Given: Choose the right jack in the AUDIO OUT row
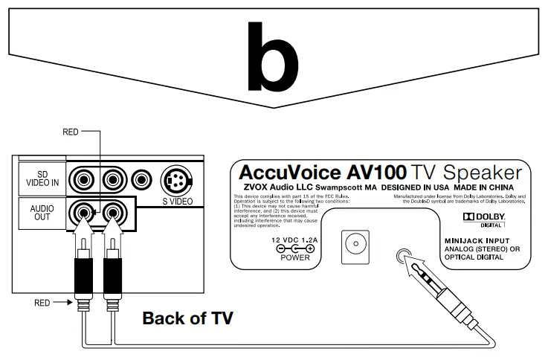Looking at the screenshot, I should click(113, 214).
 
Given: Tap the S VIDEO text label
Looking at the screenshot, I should click(179, 202).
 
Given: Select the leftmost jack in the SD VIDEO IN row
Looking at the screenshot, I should click(83, 179).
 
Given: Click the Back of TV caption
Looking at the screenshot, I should click(187, 318).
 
